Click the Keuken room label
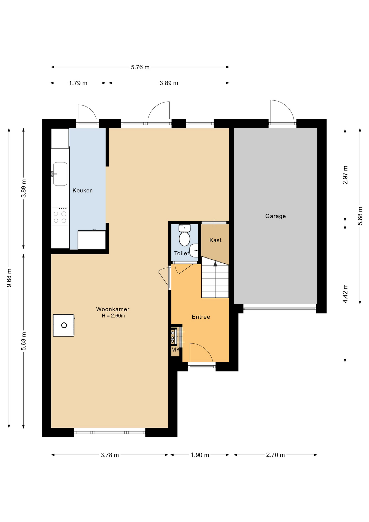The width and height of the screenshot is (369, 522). click(x=82, y=191)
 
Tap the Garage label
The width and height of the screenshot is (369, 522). click(x=276, y=216)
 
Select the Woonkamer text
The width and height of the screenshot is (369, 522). click(x=113, y=309)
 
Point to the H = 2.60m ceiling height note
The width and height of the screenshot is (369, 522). click(x=113, y=316)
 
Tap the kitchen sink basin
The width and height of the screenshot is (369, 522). click(x=60, y=174)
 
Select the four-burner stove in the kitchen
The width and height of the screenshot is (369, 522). click(x=60, y=216)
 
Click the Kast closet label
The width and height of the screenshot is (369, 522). click(x=215, y=240)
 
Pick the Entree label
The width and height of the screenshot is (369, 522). click(x=201, y=317)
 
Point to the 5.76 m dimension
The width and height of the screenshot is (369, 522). click(x=140, y=67)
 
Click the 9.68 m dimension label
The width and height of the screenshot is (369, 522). click(x=9, y=278)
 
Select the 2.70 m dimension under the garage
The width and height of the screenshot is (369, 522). click(x=276, y=455)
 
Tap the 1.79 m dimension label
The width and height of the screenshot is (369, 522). click(x=78, y=83)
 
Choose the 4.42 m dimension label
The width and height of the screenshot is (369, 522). click(x=345, y=294)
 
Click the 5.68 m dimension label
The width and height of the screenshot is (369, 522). click(x=360, y=216)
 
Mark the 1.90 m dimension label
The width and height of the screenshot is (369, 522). click(x=200, y=455)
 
